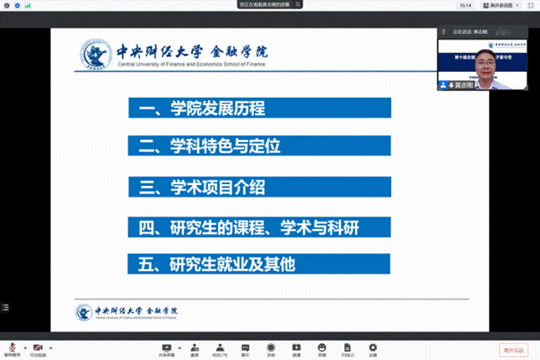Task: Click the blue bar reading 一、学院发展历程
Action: tap(258, 110)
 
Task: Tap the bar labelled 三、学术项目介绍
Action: tap(258, 187)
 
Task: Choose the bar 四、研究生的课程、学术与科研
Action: tap(258, 225)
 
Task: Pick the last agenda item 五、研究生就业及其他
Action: tap(258, 264)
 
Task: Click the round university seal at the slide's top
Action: tap(94, 54)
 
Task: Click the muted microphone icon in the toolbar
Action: tap(12, 347)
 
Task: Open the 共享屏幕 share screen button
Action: tap(166, 347)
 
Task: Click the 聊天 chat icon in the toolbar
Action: tap(245, 347)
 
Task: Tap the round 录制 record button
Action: tap(271, 347)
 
